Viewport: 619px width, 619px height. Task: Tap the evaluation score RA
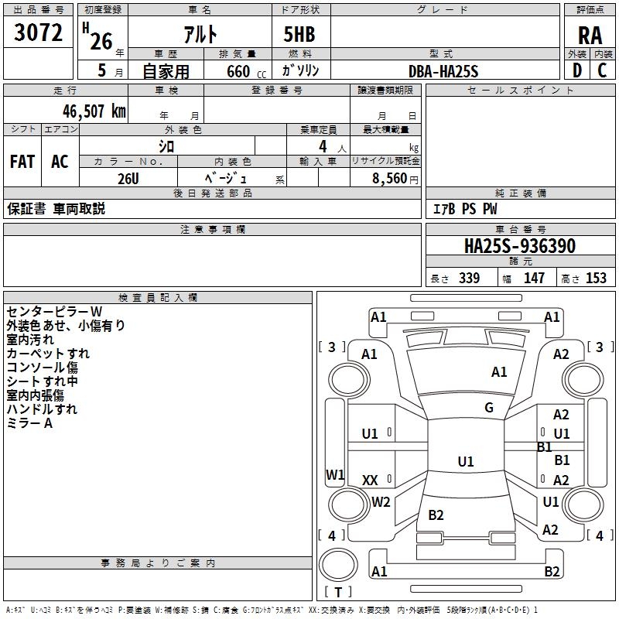(590, 35)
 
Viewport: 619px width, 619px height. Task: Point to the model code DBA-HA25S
(443, 71)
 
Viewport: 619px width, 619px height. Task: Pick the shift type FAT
(22, 162)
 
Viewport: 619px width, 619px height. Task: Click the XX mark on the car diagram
(370, 480)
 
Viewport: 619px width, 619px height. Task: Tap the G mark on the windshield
(489, 408)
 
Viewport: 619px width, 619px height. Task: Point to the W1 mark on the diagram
(335, 474)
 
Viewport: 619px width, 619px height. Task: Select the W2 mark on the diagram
(381, 502)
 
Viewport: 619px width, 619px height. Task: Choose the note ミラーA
(29, 423)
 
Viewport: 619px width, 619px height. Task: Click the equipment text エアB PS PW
(464, 209)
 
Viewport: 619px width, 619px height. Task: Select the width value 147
(534, 279)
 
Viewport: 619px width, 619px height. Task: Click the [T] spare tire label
(338, 592)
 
